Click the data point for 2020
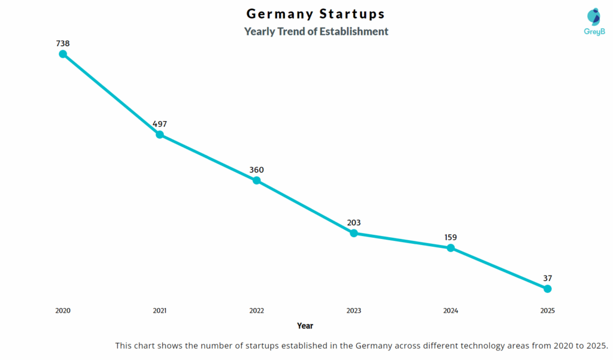tap(63, 54)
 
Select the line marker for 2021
tap(160, 135)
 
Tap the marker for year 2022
tap(256, 180)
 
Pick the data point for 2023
tap(354, 233)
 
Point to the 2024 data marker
tap(451, 248)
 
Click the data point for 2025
tap(547, 289)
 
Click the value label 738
tap(63, 43)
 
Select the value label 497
tap(160, 124)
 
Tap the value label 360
tap(256, 170)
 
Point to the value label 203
tap(354, 223)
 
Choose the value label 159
tap(451, 237)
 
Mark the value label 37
tap(547, 278)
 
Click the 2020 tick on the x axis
tap(63, 311)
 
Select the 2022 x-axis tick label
tap(256, 311)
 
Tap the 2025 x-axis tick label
tap(547, 311)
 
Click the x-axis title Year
tap(305, 326)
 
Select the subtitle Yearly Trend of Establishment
tap(316, 31)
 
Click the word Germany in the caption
tap(375, 346)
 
